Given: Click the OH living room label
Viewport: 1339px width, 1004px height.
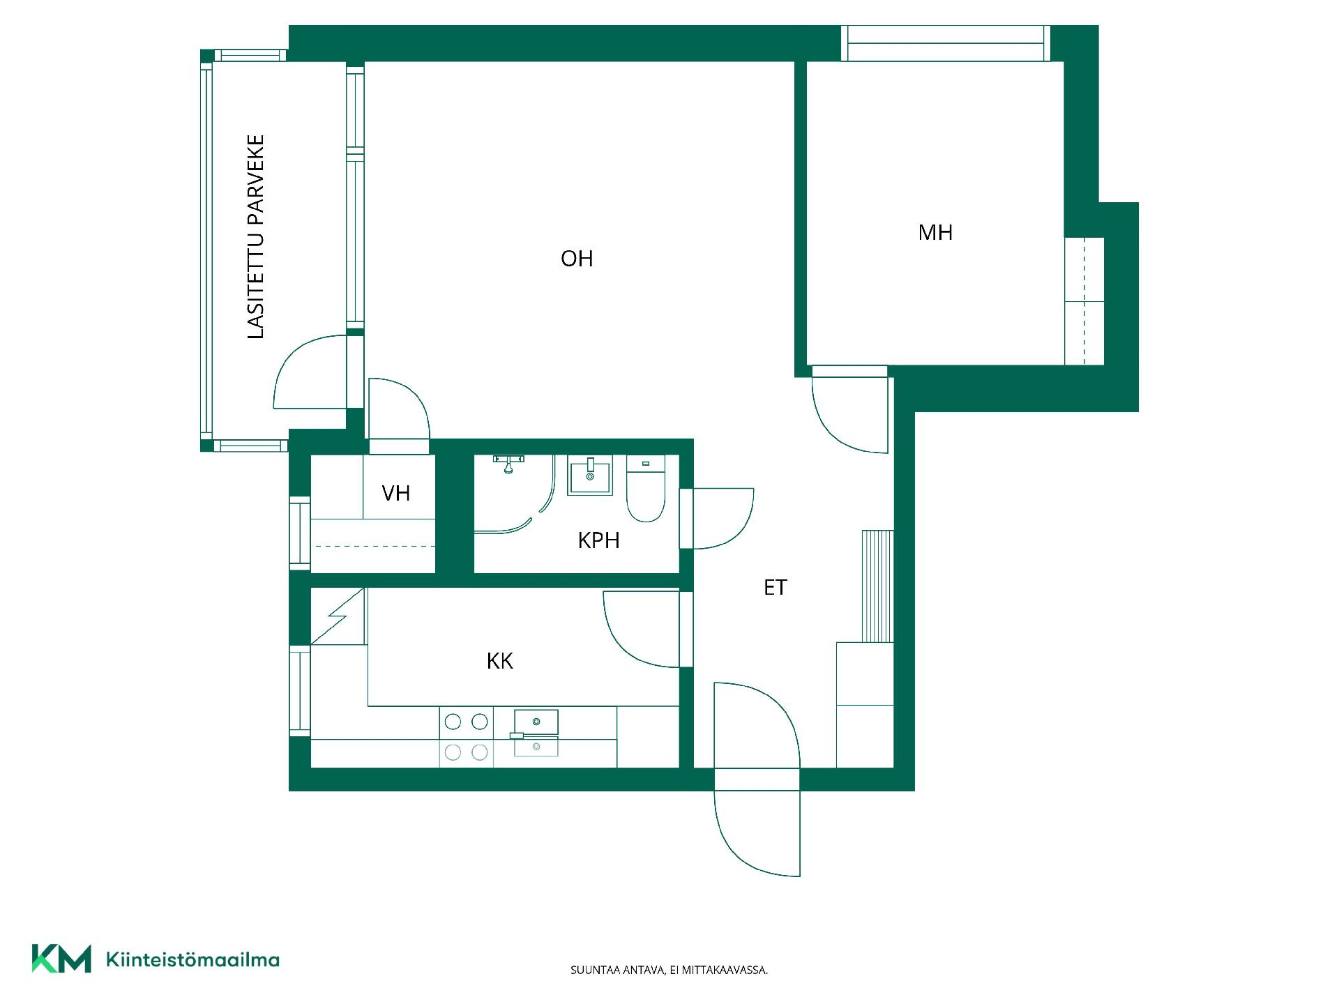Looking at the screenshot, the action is [577, 259].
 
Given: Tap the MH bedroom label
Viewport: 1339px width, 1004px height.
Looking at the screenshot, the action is [935, 232].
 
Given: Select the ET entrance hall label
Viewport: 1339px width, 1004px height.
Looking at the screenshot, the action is [775, 588].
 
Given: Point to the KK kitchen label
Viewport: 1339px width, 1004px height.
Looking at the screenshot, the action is [500, 661].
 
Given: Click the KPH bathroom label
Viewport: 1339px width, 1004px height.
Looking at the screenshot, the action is [598, 540].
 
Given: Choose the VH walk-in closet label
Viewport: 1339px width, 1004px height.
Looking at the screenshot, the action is [395, 494].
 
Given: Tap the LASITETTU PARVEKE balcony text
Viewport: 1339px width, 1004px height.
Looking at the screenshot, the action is [257, 237].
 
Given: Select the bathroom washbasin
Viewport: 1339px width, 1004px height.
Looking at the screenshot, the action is [590, 476].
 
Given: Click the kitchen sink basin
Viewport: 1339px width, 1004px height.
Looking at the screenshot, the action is [536, 722].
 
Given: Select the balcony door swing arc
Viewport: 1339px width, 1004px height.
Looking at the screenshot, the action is [296, 356].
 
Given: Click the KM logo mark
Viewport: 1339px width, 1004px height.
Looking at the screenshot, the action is [61, 959].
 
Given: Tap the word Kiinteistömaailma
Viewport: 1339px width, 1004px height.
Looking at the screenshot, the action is [192, 960].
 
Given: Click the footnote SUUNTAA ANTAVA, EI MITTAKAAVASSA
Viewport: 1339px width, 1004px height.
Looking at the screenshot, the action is [669, 970].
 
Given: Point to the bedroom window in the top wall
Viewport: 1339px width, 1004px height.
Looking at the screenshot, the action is [946, 43].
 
